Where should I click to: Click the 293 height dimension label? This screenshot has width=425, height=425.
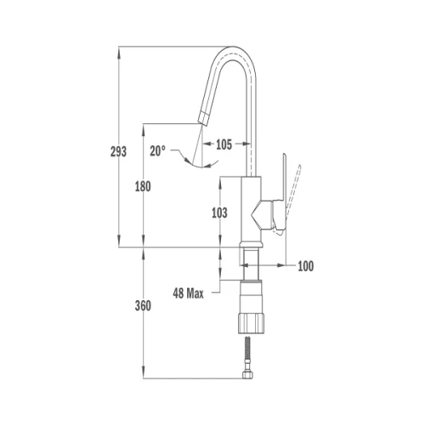tap(118, 152)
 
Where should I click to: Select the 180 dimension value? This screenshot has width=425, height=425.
tap(143, 186)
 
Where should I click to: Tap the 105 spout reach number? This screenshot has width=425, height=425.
tap(224, 144)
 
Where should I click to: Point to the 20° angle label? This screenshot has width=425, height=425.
tap(157, 151)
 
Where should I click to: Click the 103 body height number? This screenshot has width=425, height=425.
tap(219, 212)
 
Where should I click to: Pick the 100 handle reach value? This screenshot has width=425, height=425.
tap(306, 266)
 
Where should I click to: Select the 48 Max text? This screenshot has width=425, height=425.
tap(188, 293)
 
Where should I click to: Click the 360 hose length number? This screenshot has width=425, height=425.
tap(143, 306)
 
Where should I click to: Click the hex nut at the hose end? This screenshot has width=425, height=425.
tap(247, 375)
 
